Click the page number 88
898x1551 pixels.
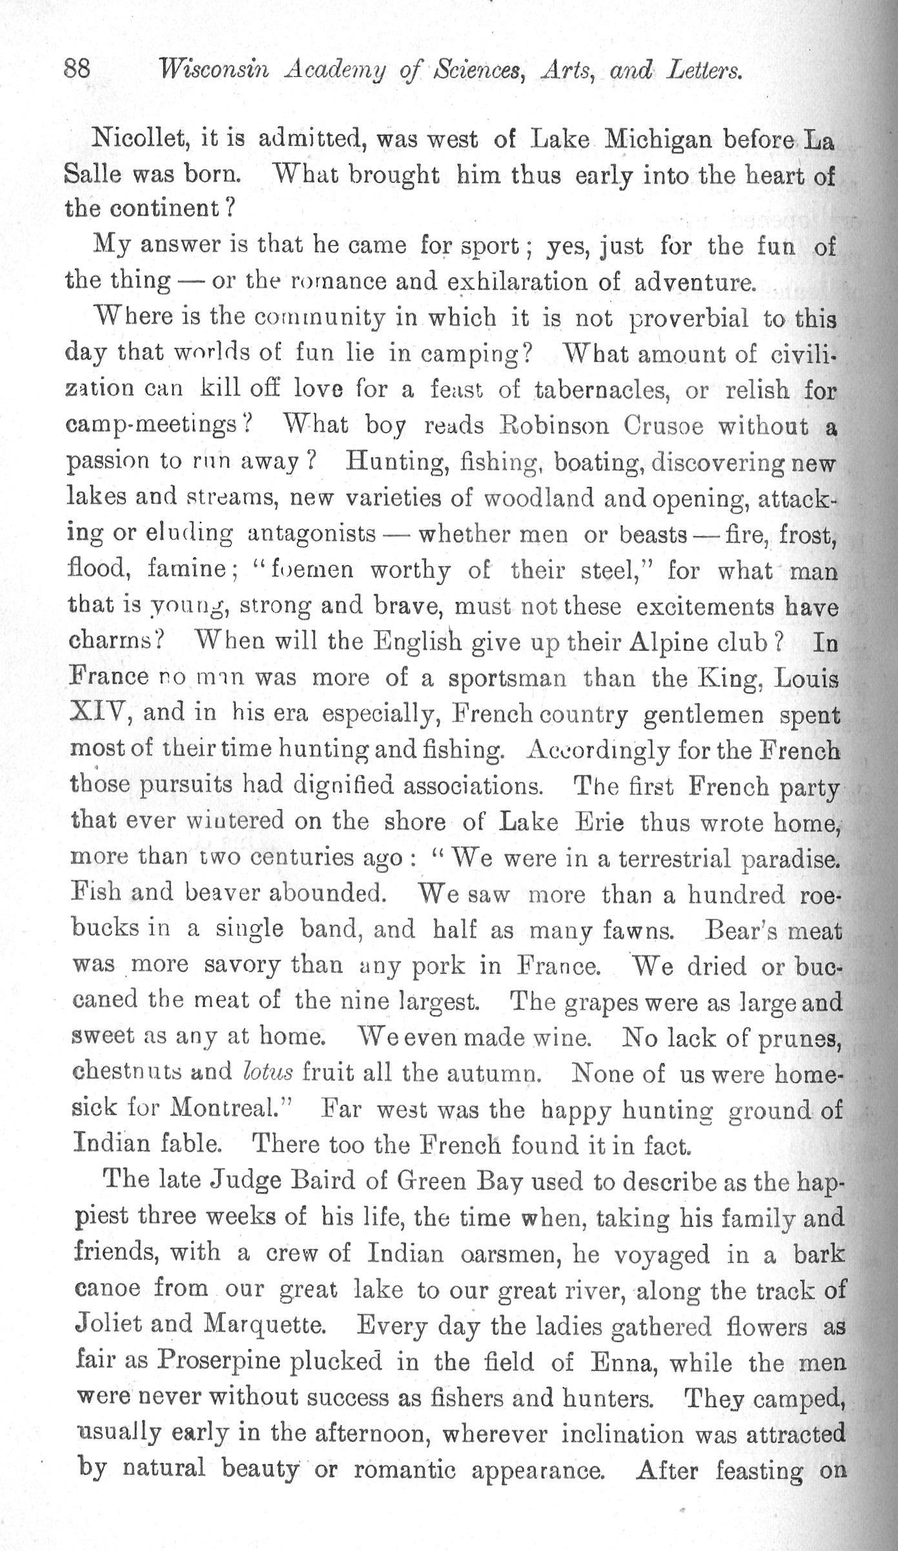point(77,68)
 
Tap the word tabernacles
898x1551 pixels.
point(604,391)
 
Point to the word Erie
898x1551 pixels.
point(597,823)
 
